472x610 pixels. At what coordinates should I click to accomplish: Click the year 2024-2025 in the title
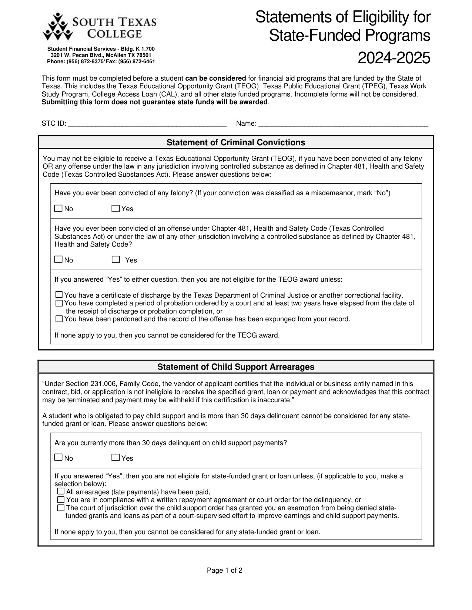point(394,58)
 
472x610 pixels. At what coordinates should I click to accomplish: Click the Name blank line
point(343,124)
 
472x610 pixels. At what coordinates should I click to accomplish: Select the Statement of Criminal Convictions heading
point(236,143)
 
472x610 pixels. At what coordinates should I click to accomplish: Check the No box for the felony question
point(58,209)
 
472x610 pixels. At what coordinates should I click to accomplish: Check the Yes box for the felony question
point(116,209)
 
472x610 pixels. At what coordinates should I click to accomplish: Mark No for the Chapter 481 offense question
point(58,260)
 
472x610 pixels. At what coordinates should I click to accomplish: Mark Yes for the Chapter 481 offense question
point(116,260)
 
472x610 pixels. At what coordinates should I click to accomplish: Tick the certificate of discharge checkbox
point(59,295)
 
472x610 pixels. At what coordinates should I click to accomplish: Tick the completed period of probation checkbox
point(59,303)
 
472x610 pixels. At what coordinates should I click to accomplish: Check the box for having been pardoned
point(59,319)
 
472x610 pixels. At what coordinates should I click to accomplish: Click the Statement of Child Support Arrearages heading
point(236,367)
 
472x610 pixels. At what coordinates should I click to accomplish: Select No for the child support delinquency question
point(58,458)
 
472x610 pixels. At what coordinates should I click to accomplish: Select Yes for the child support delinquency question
point(116,458)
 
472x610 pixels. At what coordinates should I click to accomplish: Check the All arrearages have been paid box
point(61,492)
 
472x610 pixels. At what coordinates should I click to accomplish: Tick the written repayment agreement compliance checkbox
point(61,500)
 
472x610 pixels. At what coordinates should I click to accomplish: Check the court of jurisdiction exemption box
point(61,508)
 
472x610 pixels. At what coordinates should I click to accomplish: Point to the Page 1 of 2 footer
point(224,570)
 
